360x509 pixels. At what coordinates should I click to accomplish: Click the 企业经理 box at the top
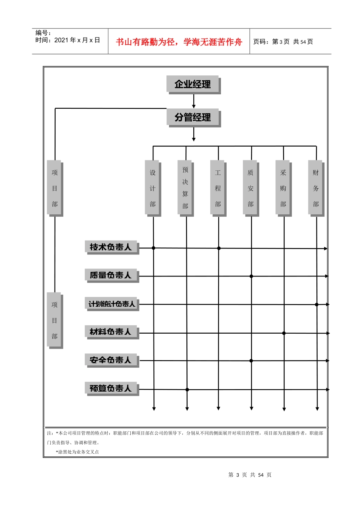194,84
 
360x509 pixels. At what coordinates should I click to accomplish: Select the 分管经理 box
194,118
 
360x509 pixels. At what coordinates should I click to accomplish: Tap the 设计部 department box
153,188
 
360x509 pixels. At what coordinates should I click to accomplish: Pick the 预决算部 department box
186,188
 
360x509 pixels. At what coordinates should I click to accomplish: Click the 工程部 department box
218,188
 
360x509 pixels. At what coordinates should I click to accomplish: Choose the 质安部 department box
251,188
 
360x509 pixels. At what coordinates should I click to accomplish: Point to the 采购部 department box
283,188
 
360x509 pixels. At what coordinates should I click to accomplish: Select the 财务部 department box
316,188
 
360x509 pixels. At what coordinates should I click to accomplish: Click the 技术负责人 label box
112,247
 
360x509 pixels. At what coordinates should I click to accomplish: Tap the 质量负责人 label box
112,276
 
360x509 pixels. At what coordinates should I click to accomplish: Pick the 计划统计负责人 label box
112,304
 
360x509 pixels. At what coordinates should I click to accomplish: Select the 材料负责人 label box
112,332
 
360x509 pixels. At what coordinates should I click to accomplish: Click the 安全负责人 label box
112,361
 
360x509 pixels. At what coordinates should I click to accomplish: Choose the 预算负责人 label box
112,389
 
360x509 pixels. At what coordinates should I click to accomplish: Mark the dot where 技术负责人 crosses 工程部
219,248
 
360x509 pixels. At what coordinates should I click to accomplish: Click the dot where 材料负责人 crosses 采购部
284,333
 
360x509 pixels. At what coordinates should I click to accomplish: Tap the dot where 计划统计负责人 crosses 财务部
316,304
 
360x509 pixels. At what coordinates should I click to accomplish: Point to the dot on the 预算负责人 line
187,390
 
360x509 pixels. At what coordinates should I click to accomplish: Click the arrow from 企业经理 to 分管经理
194,101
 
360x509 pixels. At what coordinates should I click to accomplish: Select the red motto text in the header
179,42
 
